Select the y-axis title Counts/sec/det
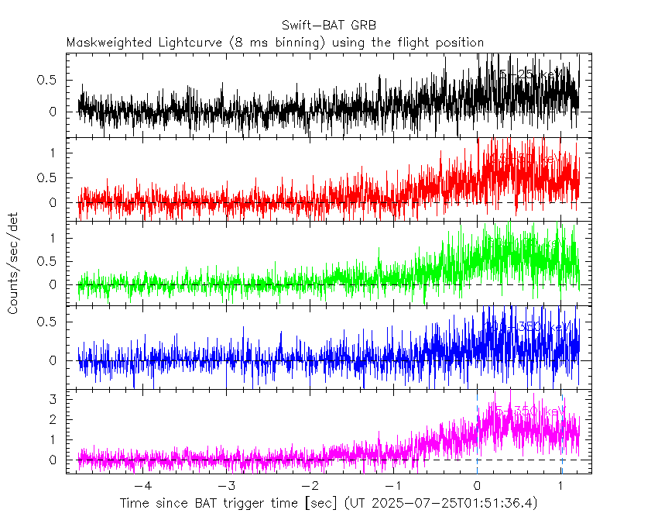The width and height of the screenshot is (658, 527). tap(14, 264)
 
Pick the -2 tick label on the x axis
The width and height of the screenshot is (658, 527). tap(308, 487)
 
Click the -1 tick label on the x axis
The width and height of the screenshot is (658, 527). tap(392, 487)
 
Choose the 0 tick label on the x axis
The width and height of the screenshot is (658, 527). tap(478, 487)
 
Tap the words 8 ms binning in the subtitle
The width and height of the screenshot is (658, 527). tap(283, 43)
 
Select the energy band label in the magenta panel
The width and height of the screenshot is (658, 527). tap(529, 409)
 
